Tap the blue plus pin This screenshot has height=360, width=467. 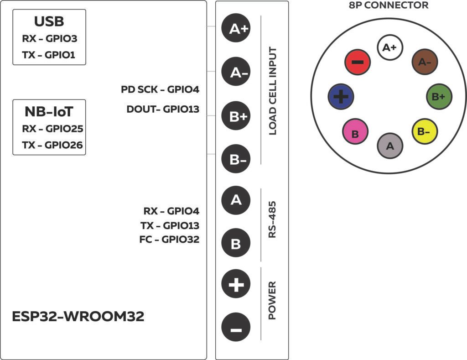pos(341,97)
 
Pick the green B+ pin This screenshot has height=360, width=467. pos(439,97)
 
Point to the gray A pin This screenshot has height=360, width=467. pos(390,146)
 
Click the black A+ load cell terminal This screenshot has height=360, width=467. pos(236,29)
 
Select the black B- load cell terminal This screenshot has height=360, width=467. pos(236,160)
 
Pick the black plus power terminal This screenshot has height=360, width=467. pos(236,286)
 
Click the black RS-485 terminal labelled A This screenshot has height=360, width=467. pos(236,200)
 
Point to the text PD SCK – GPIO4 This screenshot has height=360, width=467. pos(160,89)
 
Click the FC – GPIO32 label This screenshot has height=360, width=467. pos(169,239)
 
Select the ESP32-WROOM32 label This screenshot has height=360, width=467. pos(78,316)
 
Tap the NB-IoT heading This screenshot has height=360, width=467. pos(49,112)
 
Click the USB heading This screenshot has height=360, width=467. pos(49,21)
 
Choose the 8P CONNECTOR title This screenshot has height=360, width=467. pos(389,5)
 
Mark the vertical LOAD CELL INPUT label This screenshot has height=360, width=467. pos(273,91)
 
